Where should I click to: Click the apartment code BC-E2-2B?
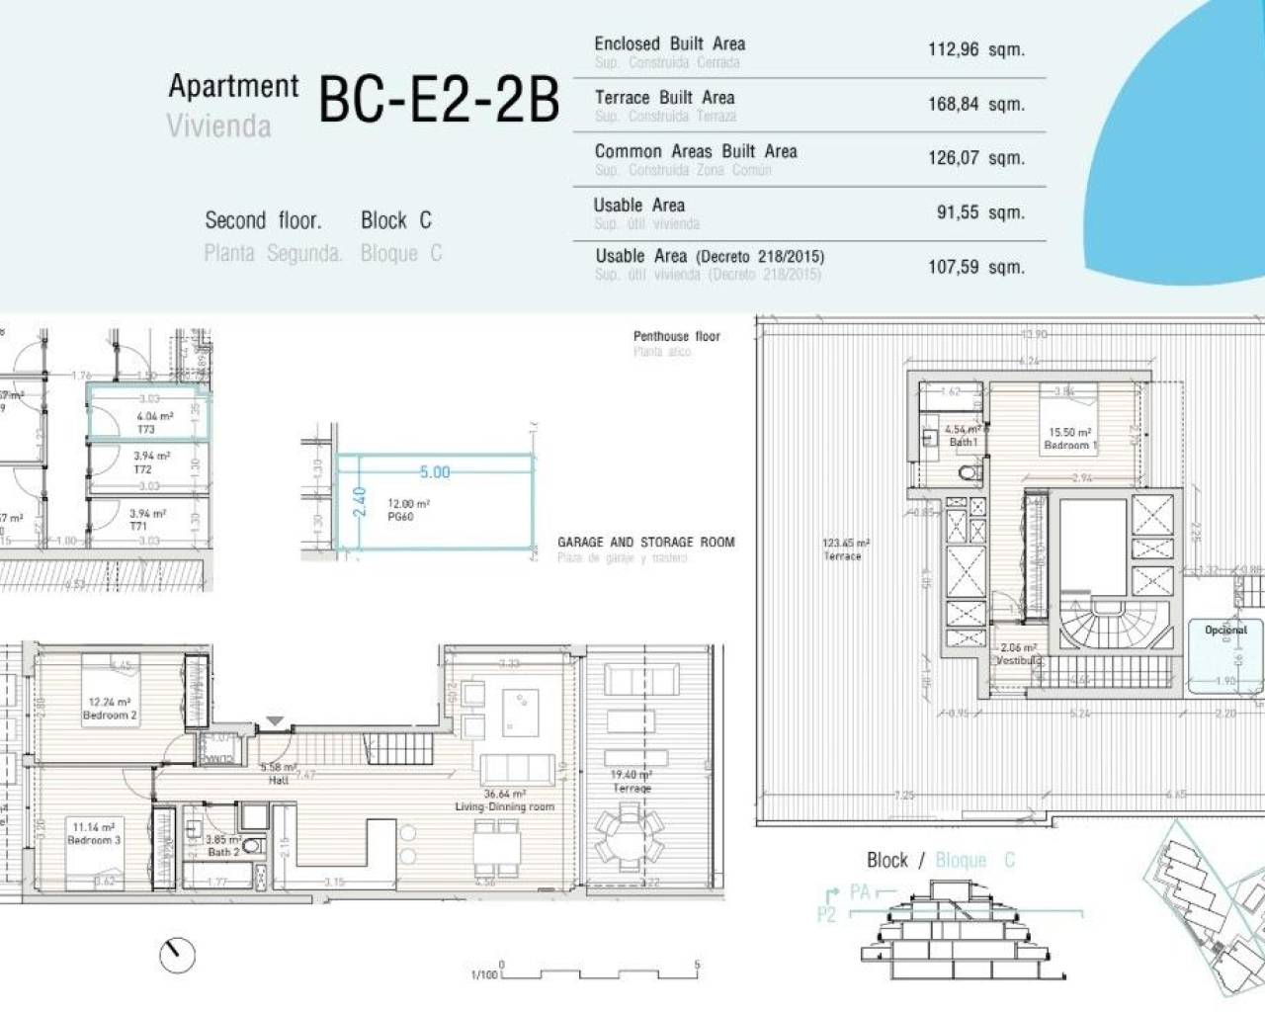(439, 100)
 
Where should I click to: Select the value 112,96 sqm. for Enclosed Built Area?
(974, 49)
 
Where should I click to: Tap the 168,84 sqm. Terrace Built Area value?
(974, 104)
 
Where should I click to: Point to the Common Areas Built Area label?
(695, 151)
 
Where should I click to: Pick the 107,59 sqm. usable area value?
(974, 267)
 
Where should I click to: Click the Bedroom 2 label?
(110, 715)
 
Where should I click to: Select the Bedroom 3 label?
(94, 840)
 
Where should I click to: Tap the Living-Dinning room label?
(504, 806)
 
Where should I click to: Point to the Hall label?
(278, 780)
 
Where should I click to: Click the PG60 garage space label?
(400, 516)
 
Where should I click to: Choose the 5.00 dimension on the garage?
(434, 472)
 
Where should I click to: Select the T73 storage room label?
(146, 429)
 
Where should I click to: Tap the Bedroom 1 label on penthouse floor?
(1069, 445)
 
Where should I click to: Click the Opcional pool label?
(1225, 630)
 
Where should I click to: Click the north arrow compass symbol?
(177, 954)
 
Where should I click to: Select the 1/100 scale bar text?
(484, 974)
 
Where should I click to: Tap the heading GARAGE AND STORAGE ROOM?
(645, 542)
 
